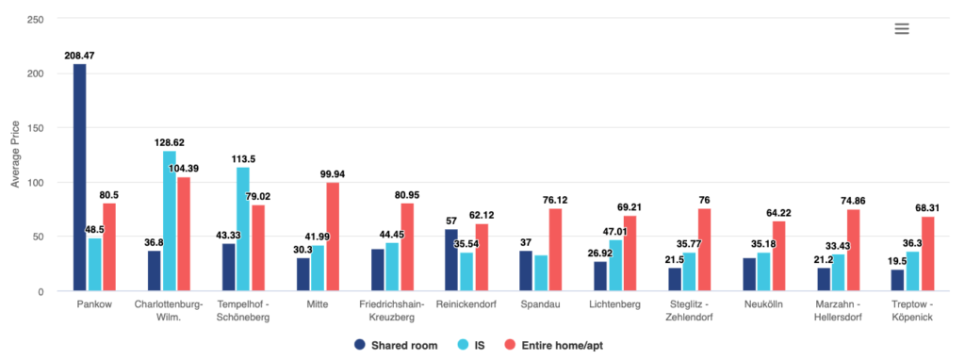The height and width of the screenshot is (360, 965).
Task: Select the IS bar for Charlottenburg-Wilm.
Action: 169,221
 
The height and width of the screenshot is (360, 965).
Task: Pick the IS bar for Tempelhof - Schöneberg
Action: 243,229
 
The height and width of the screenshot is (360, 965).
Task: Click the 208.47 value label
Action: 79,57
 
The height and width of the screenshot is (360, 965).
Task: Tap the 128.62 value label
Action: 169,143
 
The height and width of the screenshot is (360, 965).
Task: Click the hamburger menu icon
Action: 901,29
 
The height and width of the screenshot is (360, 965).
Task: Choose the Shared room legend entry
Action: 394,345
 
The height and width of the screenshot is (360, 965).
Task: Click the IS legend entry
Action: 474,345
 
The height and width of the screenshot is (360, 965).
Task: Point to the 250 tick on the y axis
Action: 34,20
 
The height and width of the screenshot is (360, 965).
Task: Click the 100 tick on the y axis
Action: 34,183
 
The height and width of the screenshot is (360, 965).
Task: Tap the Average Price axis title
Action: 15,155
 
